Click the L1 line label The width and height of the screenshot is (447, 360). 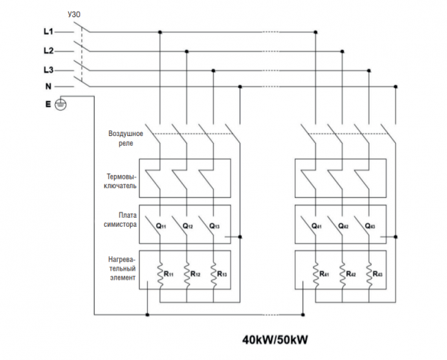tap(48, 32)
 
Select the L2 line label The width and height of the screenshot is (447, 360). tap(48, 51)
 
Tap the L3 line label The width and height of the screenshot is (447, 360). tap(48, 70)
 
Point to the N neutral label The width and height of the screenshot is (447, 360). tap(48, 87)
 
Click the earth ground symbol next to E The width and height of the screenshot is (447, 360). tap(61, 104)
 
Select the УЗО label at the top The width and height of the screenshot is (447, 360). tap(74, 14)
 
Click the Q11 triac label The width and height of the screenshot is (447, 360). tap(161, 226)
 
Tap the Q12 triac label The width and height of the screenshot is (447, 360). tap(188, 226)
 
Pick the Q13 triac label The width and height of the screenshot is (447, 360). tap(215, 226)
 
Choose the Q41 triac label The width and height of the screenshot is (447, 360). tap(316, 226)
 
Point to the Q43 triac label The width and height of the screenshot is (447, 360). tap(370, 226)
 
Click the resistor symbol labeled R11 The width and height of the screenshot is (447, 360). tap(160, 275)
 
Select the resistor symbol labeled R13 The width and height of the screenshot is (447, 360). tap(213, 275)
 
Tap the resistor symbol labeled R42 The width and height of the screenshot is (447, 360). tap(342, 275)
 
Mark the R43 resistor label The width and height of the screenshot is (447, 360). tap(378, 274)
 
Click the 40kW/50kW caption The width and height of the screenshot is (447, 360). tap(275, 340)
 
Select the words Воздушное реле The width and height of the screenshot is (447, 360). tap(126, 138)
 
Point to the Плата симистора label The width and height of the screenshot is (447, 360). tap(120, 220)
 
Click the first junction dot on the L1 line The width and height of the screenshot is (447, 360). tap(160, 32)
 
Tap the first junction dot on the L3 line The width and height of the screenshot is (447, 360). tap(213, 71)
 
